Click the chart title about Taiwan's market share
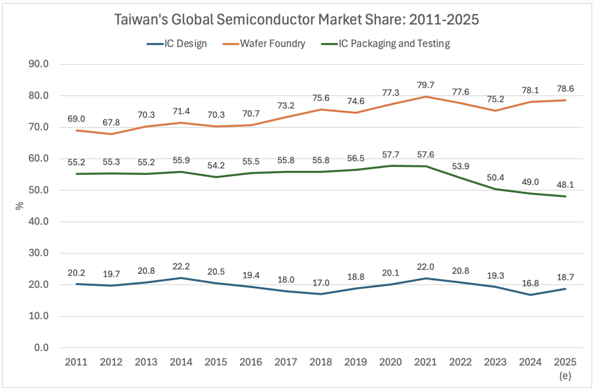(x=297, y=19)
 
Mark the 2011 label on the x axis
(x=76, y=362)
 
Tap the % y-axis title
(x=19, y=206)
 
